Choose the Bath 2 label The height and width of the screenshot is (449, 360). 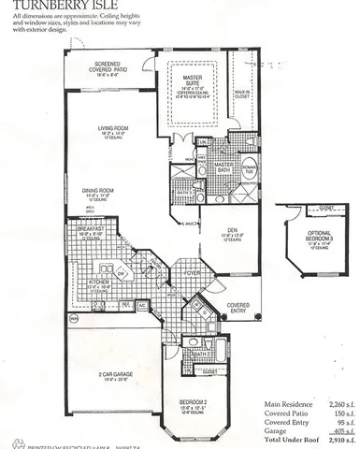pos(199,354)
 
